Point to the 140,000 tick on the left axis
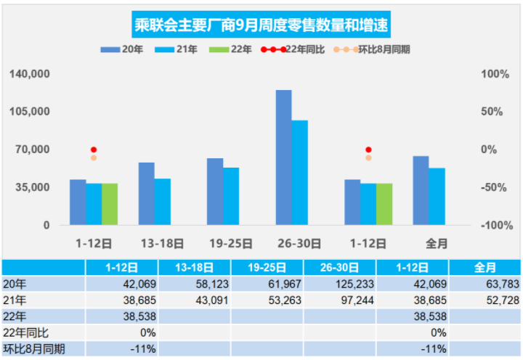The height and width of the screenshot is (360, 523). (30, 74)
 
